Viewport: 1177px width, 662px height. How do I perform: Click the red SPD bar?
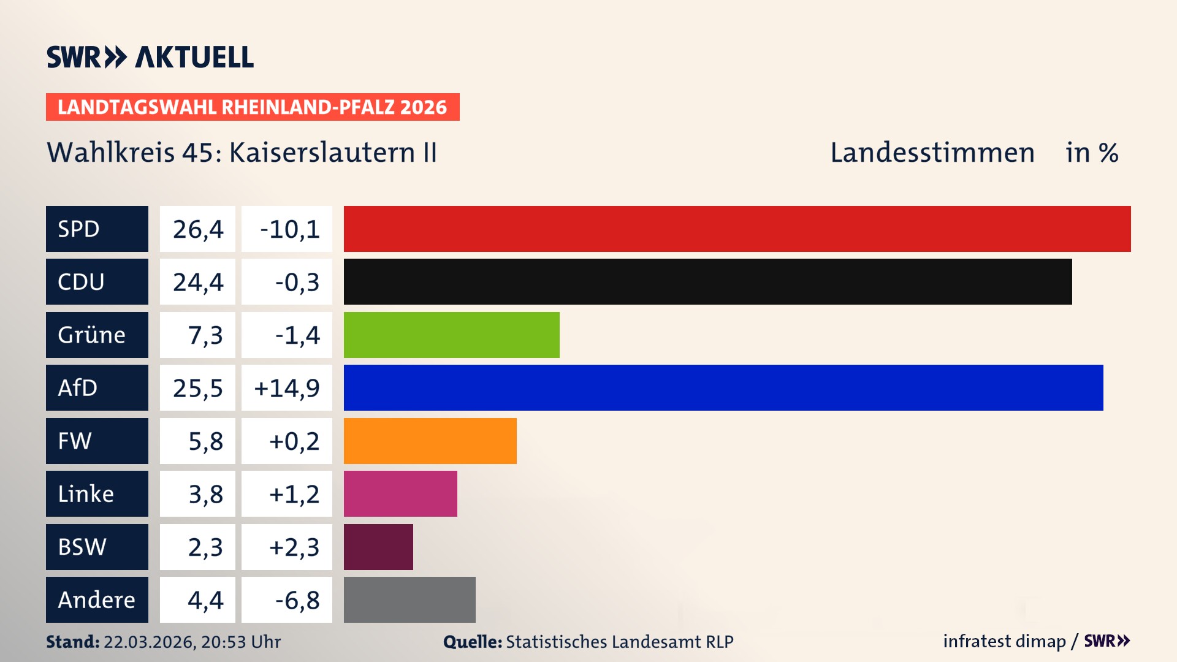point(737,229)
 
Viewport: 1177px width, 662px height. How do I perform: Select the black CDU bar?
point(707,281)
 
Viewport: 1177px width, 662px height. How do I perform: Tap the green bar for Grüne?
point(451,335)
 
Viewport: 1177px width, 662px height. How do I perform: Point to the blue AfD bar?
point(723,387)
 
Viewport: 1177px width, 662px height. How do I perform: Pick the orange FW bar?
point(430,441)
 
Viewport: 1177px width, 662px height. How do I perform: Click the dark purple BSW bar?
point(378,547)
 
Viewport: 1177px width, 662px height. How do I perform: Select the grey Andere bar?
point(409,599)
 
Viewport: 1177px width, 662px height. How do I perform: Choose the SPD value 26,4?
point(197,229)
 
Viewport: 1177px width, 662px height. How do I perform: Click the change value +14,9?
point(286,387)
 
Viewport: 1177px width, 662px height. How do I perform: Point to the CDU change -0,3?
point(297,281)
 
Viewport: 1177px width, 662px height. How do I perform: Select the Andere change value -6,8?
point(297,599)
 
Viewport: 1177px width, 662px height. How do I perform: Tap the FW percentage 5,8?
point(205,441)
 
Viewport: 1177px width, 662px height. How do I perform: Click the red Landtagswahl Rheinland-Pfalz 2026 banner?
point(253,107)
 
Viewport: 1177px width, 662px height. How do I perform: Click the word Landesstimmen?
point(932,152)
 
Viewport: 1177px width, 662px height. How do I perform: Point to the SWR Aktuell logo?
point(150,57)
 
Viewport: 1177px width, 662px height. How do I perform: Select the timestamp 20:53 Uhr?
point(240,642)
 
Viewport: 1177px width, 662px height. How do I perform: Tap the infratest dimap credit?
point(1004,641)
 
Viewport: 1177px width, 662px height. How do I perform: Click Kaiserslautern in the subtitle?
point(322,152)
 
